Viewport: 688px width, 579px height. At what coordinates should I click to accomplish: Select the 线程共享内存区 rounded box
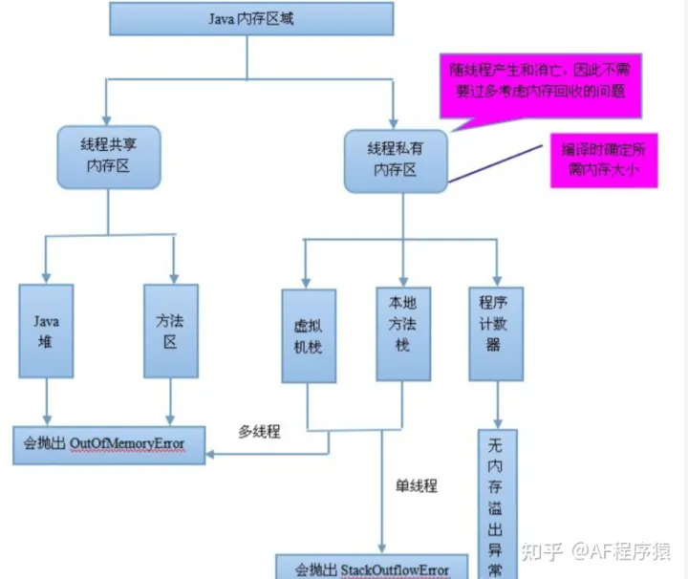coord(106,156)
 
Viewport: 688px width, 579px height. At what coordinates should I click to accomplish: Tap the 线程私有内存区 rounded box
coord(395,160)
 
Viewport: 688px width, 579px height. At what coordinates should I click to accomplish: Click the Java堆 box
coord(45,329)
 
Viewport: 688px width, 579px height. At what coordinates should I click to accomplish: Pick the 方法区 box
coord(170,329)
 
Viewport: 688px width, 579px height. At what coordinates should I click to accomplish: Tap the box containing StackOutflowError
coord(375,568)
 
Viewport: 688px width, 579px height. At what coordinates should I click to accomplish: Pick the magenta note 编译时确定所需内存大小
coord(603,160)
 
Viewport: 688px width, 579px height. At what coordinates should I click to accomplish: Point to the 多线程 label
coord(259,432)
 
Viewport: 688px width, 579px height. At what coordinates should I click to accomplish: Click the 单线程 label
coord(416,485)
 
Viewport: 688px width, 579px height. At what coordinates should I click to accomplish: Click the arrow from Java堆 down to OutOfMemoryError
coord(45,399)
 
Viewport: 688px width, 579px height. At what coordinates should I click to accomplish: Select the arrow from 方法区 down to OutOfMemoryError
coord(170,399)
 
